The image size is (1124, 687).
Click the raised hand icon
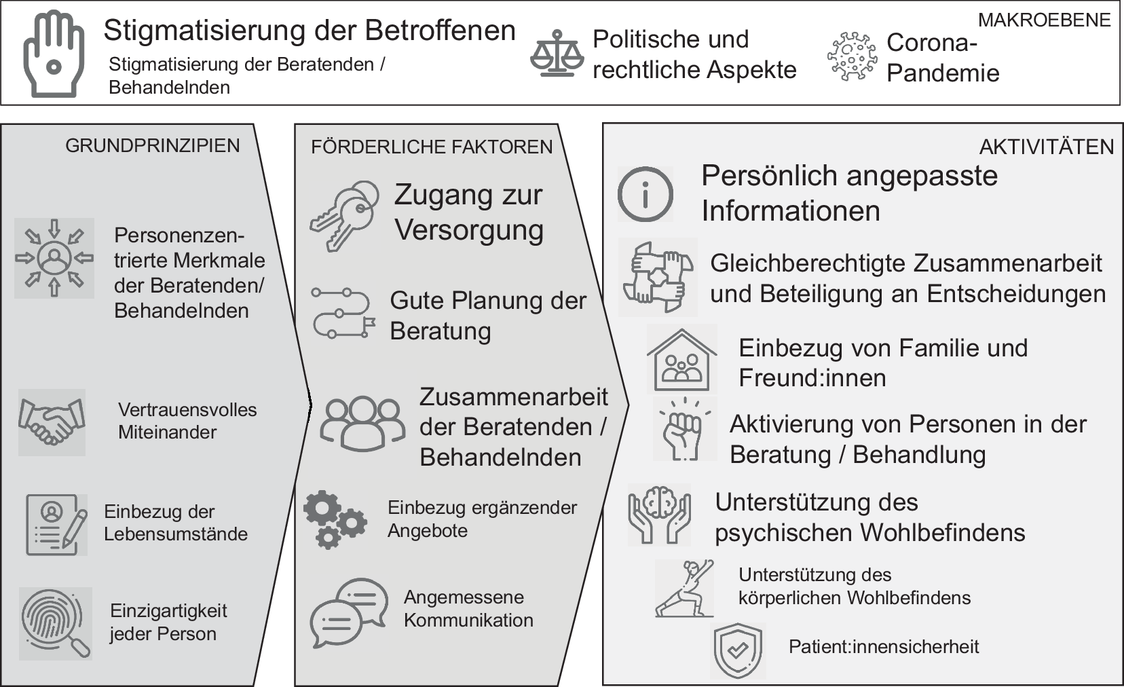[54, 54]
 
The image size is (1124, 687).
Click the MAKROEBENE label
[1044, 20]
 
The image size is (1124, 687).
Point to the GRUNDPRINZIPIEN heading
[152, 146]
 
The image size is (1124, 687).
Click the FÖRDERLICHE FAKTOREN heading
[432, 147]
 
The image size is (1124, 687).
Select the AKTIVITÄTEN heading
[1046, 147]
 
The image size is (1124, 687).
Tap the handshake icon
[52, 422]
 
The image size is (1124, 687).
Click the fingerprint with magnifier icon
[56, 623]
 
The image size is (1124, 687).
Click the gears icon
[335, 520]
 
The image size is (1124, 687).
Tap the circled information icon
[645, 194]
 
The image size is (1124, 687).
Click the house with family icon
[681, 359]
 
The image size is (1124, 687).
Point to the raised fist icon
[684, 429]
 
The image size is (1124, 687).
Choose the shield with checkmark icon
[738, 650]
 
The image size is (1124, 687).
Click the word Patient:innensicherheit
[883, 646]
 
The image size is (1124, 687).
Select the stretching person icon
[684, 588]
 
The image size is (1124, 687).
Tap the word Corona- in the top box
[931, 43]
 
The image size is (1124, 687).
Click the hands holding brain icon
[659, 515]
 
